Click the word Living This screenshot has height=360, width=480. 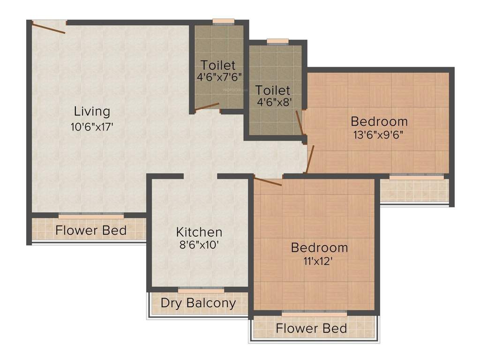[92, 112]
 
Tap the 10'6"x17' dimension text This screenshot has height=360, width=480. [92, 127]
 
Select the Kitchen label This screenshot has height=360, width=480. [199, 232]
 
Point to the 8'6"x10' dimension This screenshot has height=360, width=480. [199, 244]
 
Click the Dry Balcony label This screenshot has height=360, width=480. [198, 303]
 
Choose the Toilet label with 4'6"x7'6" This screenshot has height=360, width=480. [218, 65]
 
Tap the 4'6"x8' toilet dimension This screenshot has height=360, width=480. [272, 102]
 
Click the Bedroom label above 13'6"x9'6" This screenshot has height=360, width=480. [379, 121]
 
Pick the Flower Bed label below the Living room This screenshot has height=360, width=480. [91, 230]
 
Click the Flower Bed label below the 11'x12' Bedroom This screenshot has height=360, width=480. [311, 328]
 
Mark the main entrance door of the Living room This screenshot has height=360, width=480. [49, 27]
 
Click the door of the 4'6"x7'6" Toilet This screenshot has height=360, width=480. [207, 106]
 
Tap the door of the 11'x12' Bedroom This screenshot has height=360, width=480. [268, 181]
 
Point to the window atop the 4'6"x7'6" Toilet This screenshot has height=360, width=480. [223, 21]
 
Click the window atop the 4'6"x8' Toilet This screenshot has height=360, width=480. [277, 41]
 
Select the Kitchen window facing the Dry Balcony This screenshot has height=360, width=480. [201, 290]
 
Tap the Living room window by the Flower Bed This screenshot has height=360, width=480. [91, 216]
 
